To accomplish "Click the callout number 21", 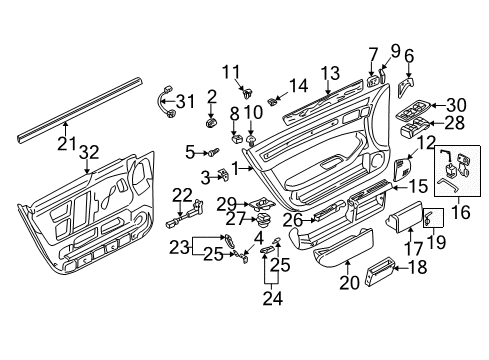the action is (67, 143).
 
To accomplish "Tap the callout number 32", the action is (89, 152).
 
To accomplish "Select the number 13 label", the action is (330, 73).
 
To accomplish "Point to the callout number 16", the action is (461, 212).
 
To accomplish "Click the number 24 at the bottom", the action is (272, 298).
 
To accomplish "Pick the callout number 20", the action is (349, 283).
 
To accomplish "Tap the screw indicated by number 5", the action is (213, 153).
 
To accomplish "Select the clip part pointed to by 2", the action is (211, 123).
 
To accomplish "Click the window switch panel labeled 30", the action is (413, 110).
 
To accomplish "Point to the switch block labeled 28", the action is (415, 128).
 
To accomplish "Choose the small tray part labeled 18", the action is (380, 271).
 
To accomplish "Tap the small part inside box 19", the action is (428, 218).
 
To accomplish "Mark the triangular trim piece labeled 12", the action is (402, 169).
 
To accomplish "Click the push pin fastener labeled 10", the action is (251, 140).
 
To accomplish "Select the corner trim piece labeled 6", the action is (404, 87).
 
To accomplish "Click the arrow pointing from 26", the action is (309, 220).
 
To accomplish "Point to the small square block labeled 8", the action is (236, 138).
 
